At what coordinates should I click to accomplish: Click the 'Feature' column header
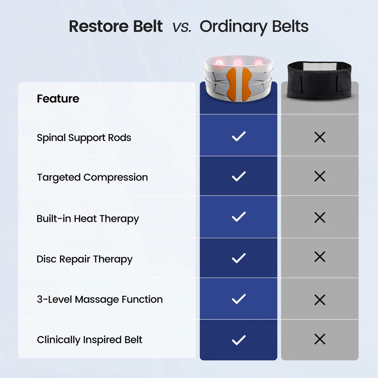tap(58, 99)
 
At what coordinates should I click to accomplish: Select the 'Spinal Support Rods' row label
tap(84, 138)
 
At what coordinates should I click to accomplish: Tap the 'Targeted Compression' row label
tap(92, 177)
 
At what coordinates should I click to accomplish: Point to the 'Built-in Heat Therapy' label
tap(88, 219)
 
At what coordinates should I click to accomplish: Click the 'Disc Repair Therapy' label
tap(85, 259)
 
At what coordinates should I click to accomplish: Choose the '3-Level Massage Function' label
tap(100, 299)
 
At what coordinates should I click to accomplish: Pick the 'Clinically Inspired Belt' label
tap(90, 340)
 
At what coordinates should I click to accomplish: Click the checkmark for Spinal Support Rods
tap(238, 136)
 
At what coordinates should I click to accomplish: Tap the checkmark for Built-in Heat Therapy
tap(238, 217)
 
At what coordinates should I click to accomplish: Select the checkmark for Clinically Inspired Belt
tap(238, 340)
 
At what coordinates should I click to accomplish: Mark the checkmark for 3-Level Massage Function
tap(238, 299)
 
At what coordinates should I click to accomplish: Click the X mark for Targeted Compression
tap(320, 176)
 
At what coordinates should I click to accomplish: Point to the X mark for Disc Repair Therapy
tap(320, 257)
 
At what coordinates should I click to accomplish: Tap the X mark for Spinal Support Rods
tap(320, 136)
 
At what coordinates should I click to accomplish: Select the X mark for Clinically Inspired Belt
tap(320, 339)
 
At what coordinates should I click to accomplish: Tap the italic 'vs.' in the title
tap(182, 27)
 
